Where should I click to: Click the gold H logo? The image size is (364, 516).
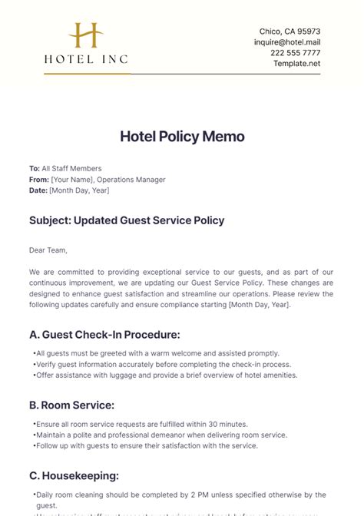[x=85, y=35]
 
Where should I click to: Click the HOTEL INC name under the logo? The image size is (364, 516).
[x=86, y=58]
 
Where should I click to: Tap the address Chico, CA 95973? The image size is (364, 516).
[x=290, y=31]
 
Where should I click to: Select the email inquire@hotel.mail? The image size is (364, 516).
[x=287, y=41]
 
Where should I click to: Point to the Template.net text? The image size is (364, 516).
[x=297, y=63]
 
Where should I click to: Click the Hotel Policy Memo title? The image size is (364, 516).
[x=182, y=137]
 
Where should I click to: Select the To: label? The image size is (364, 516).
[x=35, y=168]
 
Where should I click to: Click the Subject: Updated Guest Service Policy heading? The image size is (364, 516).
[x=127, y=220]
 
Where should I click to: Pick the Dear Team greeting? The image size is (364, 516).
[x=48, y=250]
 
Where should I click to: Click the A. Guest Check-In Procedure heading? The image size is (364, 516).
[x=104, y=334]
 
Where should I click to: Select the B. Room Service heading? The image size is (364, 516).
[x=71, y=405]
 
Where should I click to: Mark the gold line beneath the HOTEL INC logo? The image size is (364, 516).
[x=86, y=74]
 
